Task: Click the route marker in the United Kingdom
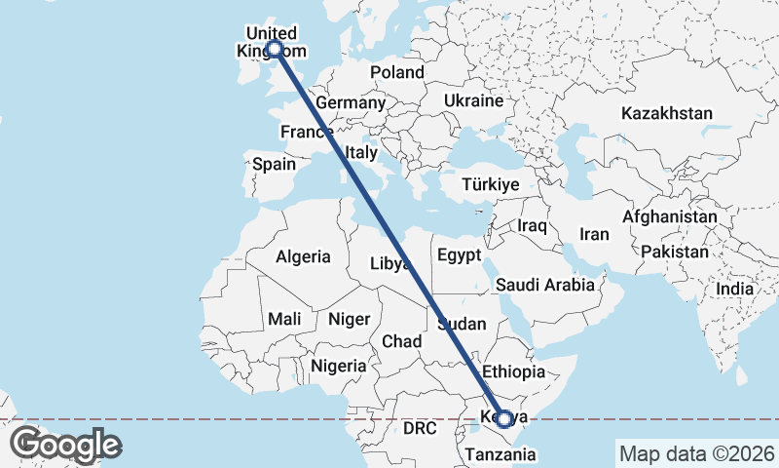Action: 275,48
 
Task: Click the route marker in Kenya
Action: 504,420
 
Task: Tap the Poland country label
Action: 397,72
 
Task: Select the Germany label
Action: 352,102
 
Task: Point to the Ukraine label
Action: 473,100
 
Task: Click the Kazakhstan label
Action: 667,113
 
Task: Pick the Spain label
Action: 274,164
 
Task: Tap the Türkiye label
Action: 491,184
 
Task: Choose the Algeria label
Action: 303,257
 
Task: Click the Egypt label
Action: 461,256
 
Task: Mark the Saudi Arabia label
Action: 544,285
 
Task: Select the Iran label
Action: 594,234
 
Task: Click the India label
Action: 735,289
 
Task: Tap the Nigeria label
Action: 339,366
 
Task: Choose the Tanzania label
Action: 501,453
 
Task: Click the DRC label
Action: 421,428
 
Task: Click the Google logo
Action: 66,445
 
